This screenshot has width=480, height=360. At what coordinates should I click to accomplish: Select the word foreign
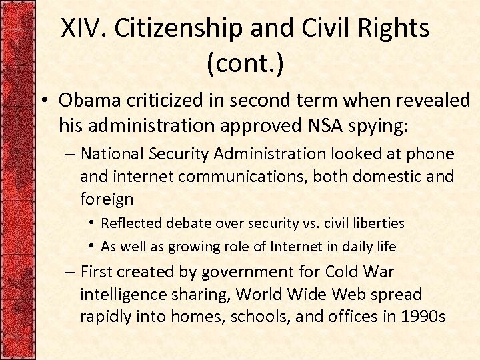click(107, 199)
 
